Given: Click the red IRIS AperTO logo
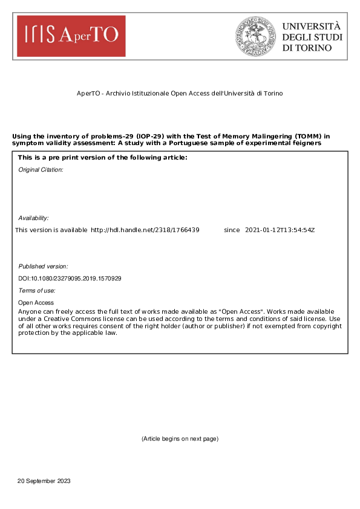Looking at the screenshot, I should click(71, 36).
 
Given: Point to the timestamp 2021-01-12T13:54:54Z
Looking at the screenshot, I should click(280, 230).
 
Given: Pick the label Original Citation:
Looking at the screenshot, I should click(41, 170).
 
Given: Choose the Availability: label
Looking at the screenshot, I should click(33, 218).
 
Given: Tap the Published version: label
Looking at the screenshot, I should click(43, 266).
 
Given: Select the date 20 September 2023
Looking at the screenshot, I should click(44, 481).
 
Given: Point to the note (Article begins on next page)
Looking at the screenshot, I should click(180, 438).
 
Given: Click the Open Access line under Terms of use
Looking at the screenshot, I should click(36, 302).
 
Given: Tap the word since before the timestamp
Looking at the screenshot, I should click(232, 230).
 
